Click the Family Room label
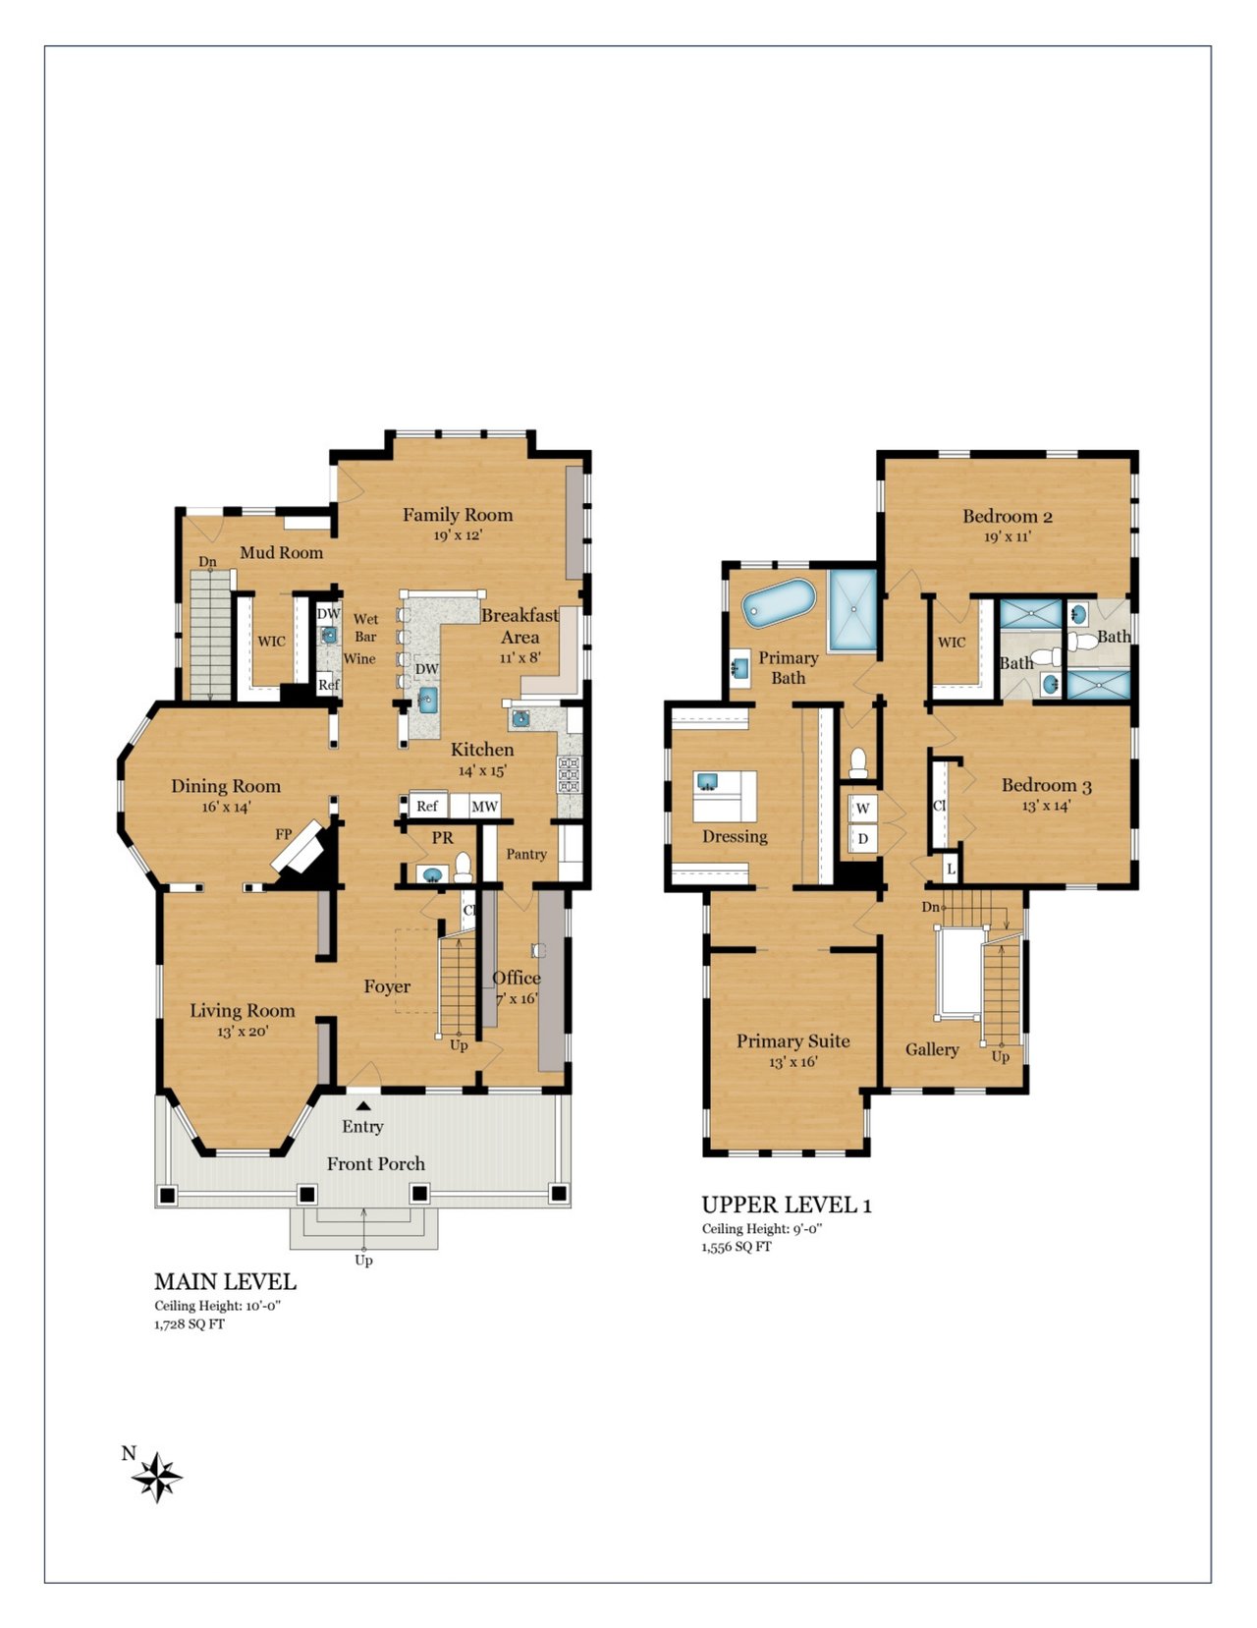(x=458, y=515)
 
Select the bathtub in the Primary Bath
(x=779, y=603)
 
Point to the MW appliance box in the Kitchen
(x=484, y=806)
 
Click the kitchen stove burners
(x=569, y=774)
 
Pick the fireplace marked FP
(x=298, y=848)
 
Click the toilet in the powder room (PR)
(x=464, y=869)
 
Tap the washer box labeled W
(x=862, y=808)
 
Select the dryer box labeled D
(x=862, y=838)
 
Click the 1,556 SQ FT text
(x=736, y=1247)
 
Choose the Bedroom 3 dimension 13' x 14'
(x=1046, y=806)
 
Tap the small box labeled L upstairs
(x=950, y=870)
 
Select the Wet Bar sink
(x=329, y=636)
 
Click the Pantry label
(x=526, y=854)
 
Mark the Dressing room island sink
(x=707, y=782)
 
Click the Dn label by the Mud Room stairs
(x=207, y=561)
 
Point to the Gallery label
(x=932, y=1049)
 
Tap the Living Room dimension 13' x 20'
(x=243, y=1032)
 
